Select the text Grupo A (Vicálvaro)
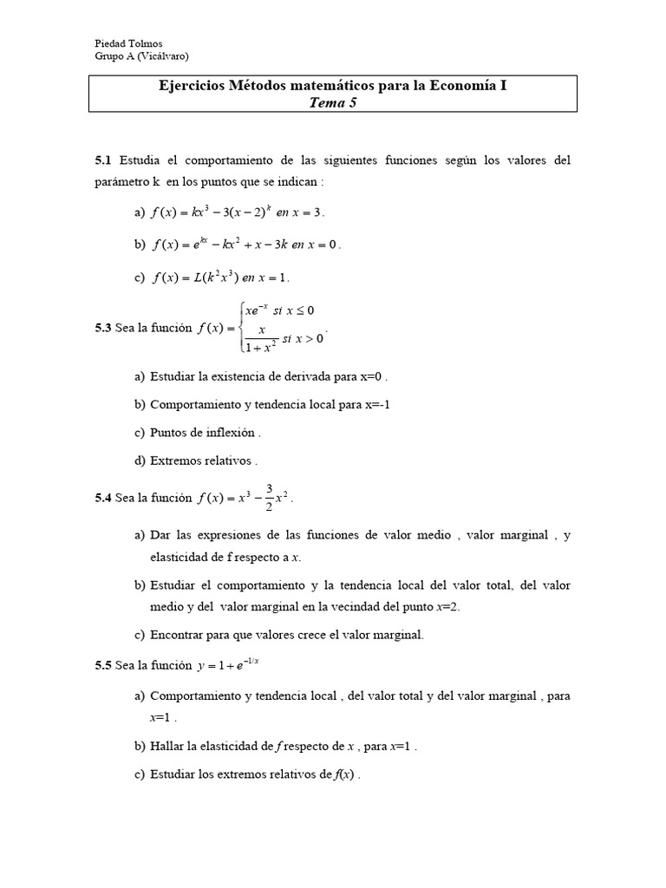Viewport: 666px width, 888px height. [x=140, y=56]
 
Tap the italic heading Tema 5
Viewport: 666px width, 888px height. [x=332, y=102]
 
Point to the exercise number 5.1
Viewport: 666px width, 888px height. [x=103, y=160]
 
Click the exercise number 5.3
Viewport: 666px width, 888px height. [x=103, y=328]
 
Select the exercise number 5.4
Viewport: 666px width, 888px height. [x=103, y=498]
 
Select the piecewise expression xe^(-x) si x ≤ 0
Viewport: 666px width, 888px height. [x=279, y=310]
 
